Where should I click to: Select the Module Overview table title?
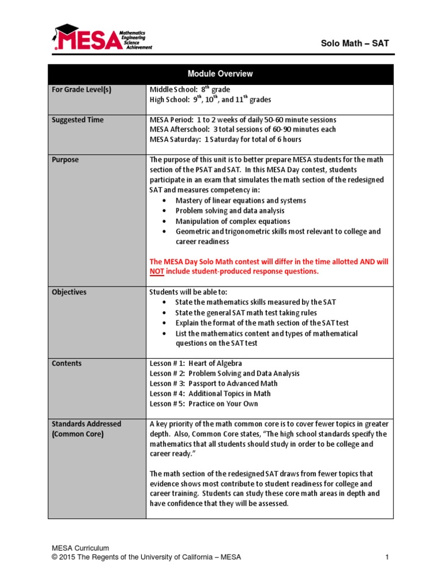tap(220, 74)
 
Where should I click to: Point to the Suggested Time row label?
tap(78, 119)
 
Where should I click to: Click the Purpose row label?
tap(65, 160)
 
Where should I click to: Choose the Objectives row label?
tap(69, 292)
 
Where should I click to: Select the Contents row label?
tap(67, 363)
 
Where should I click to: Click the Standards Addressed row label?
tap(86, 424)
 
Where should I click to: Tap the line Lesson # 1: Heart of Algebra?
tap(195, 363)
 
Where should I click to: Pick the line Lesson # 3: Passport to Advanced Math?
tap(213, 384)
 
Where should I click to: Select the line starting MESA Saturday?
tap(225, 140)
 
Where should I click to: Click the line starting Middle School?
tap(189, 90)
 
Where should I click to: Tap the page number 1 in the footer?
tap(388, 557)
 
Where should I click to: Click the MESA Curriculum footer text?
tap(80, 548)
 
